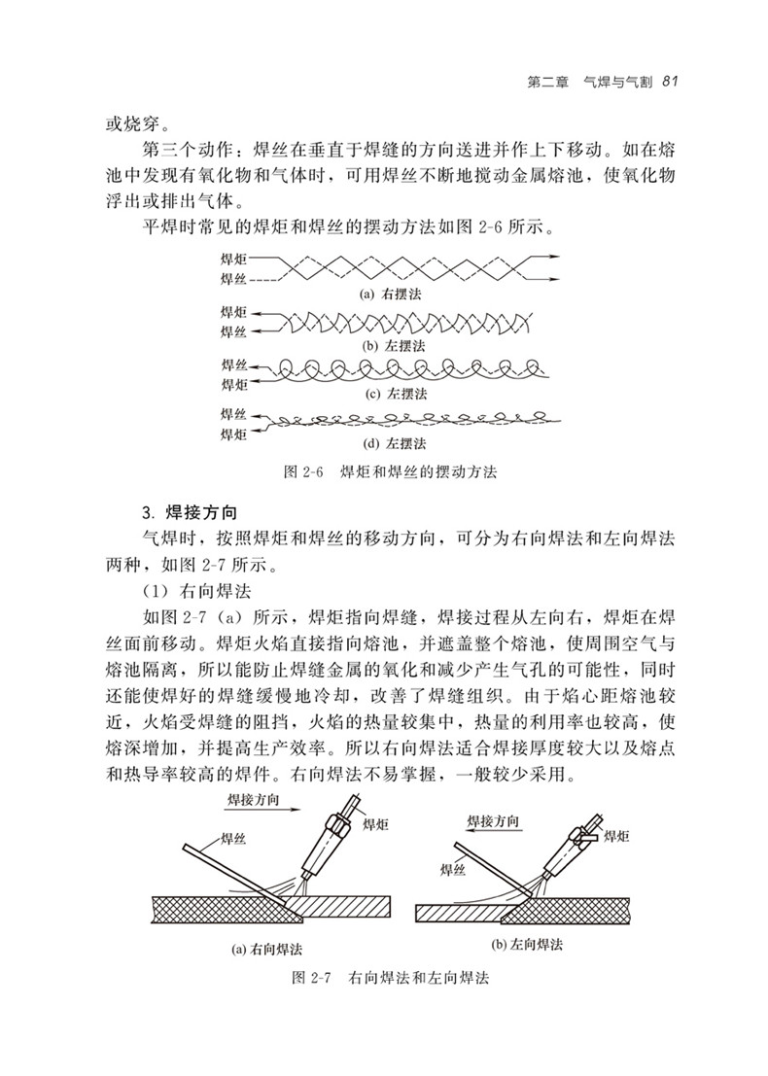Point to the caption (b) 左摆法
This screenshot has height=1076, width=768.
pyautogui.click(x=390, y=344)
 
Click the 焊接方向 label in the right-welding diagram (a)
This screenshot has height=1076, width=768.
pyautogui.click(x=257, y=799)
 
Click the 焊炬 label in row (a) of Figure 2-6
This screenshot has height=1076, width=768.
pyautogui.click(x=233, y=259)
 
